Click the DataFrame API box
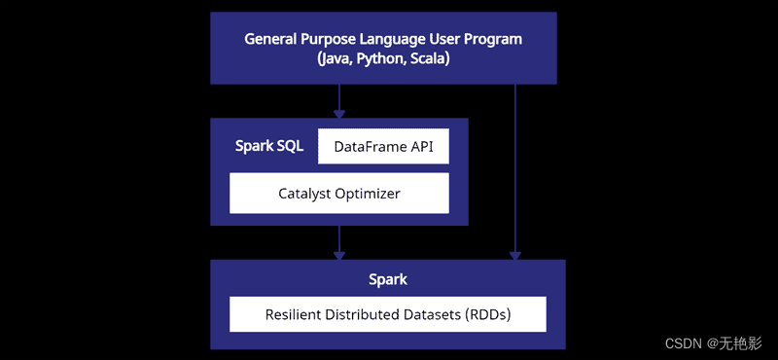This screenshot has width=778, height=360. pos(383,147)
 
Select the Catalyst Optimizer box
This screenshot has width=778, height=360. pos(338,194)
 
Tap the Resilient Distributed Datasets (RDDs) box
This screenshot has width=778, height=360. pos(387,314)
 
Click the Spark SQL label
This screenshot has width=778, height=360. pos(269,147)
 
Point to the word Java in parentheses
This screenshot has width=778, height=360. pos(336,58)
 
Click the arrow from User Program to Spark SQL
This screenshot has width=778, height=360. pos(338,100)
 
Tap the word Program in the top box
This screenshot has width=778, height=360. pos(495,40)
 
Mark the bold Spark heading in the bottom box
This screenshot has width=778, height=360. pos(387,279)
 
